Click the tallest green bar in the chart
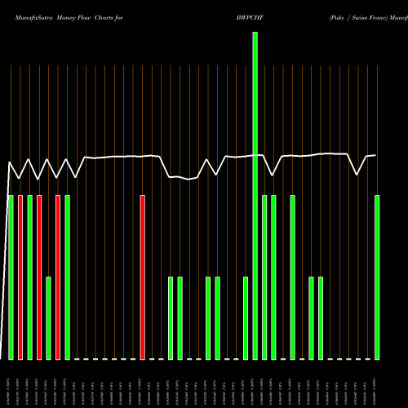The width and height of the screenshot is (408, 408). (255, 196)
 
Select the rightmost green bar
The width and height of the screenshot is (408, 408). (377, 277)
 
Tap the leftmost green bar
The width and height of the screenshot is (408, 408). (11, 277)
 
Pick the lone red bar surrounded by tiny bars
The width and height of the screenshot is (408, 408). (142, 277)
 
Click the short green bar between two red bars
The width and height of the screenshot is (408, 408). (48, 318)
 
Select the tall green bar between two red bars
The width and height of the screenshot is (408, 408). (29, 277)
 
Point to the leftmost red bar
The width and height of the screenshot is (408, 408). (20, 277)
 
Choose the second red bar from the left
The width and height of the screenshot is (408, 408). (39, 277)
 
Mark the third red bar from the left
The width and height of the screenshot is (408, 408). (58, 277)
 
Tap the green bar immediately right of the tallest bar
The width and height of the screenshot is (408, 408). (264, 277)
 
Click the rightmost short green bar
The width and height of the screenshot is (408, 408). (321, 318)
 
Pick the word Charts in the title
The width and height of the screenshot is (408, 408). (110, 16)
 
